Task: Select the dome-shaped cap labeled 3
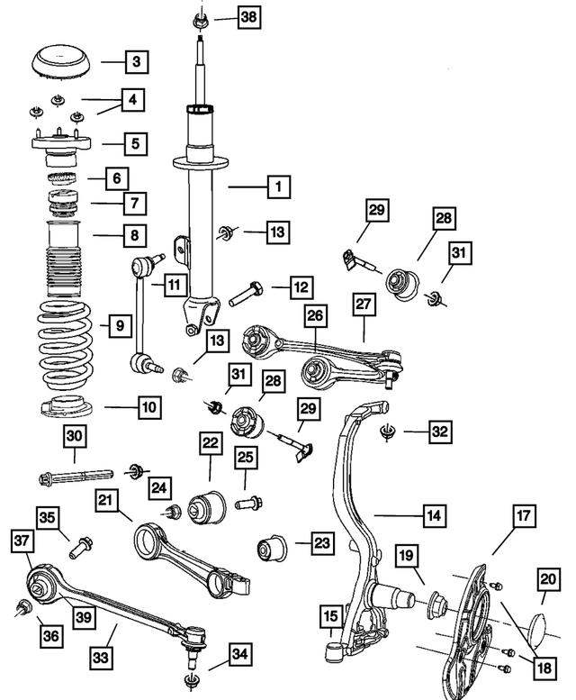pyautogui.click(x=62, y=62)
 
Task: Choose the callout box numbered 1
pyautogui.click(x=278, y=187)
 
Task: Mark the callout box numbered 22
pyautogui.click(x=211, y=444)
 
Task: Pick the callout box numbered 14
pyautogui.click(x=434, y=516)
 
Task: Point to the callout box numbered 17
pyautogui.click(x=525, y=517)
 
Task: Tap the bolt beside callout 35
pyautogui.click(x=84, y=544)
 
